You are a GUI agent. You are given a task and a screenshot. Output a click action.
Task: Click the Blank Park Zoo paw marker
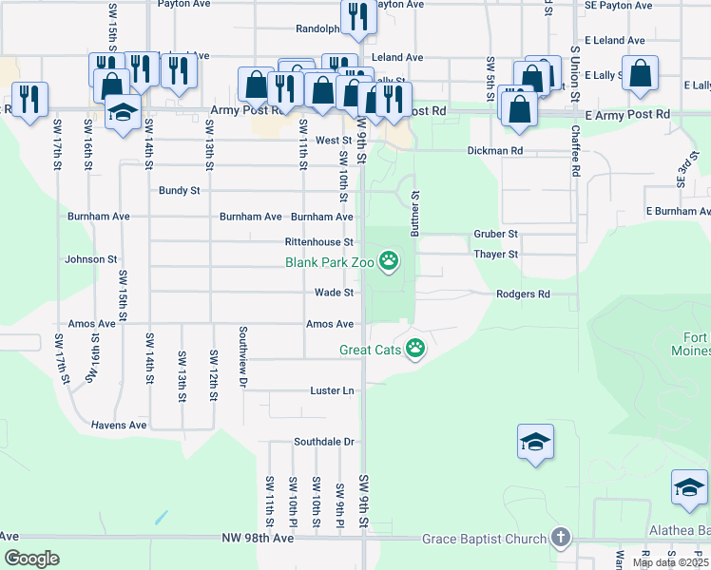point(389,259)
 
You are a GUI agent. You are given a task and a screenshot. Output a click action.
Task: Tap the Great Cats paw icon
point(415,350)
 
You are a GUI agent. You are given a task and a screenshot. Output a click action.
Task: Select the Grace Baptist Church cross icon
point(561,539)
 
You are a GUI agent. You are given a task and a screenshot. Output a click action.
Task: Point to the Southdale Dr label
point(323,442)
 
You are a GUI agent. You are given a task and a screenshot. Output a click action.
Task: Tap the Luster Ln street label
point(332,390)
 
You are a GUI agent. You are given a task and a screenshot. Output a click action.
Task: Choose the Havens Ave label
point(119,425)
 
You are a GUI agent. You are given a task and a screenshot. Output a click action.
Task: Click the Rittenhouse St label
point(319,242)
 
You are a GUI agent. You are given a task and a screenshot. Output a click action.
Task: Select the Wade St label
point(335,293)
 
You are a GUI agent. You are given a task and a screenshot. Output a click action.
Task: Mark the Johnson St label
point(90,258)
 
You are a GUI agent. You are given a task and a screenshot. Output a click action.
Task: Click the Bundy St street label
point(179,190)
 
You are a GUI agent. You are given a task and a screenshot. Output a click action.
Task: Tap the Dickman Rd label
point(494,150)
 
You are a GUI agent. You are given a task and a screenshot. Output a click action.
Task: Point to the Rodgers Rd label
point(523,294)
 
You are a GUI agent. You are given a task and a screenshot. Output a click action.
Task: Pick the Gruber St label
point(495,234)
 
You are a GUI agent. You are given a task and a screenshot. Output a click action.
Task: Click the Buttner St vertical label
point(415,212)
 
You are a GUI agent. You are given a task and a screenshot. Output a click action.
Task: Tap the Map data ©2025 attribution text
point(670,562)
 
